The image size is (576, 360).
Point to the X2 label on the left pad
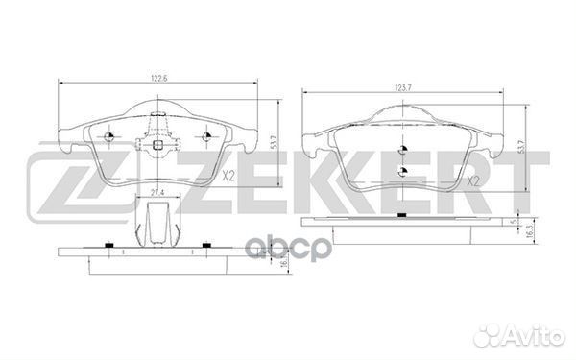click(228, 177)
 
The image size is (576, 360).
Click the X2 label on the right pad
click(472, 180)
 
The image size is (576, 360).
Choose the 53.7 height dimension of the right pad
click(520, 147)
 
